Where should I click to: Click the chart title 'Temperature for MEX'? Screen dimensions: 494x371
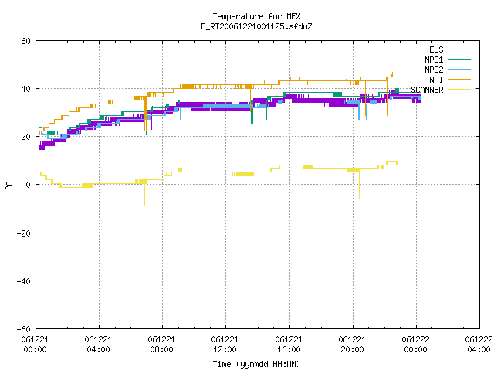(256, 16)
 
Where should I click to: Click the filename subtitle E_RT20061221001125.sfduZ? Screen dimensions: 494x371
(256, 26)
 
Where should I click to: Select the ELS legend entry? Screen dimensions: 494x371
(449, 49)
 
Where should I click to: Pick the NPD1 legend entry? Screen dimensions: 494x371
(448, 60)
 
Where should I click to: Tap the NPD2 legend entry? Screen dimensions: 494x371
(448, 70)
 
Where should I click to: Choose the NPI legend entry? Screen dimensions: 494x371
(450, 80)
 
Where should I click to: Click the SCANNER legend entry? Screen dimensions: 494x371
(441, 90)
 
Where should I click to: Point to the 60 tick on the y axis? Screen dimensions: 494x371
(25, 41)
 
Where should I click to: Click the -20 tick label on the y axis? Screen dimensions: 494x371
(24, 233)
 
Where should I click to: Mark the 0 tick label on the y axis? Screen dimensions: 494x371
(29, 185)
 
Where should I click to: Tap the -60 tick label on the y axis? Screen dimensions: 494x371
(24, 329)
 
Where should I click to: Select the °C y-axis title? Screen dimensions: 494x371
(8, 185)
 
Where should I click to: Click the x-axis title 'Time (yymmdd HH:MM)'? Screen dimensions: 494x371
(256, 364)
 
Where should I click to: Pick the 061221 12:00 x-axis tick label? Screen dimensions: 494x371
(225, 345)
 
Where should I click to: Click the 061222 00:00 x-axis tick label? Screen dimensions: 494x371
(415, 345)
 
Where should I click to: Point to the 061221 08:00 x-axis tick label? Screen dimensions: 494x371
(161, 345)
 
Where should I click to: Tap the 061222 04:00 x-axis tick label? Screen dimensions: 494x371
(479, 345)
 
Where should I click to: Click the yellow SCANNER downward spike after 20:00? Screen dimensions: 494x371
(359, 185)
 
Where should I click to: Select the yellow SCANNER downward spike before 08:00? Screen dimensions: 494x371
(144, 195)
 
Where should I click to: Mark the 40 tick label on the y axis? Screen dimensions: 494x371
(25, 89)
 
